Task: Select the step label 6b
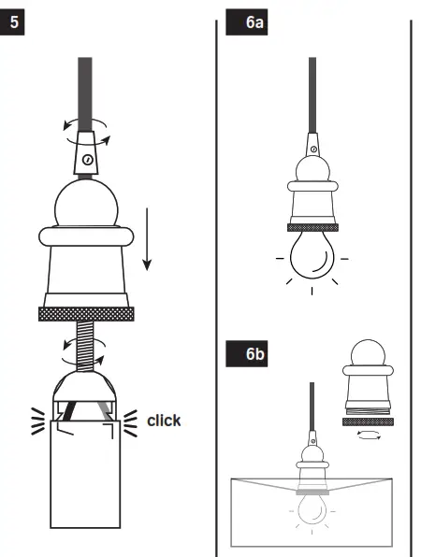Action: pos(250,354)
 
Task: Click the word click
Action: pos(164,421)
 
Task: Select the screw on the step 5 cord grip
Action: pos(86,160)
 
